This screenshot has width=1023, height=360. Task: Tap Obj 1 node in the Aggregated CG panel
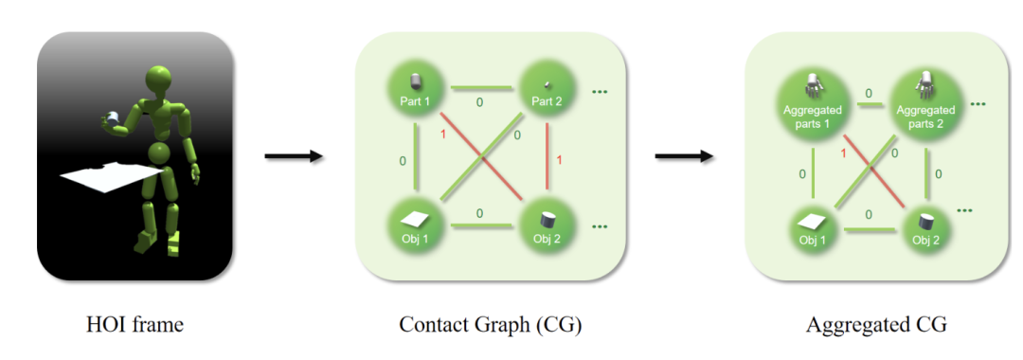pos(813,229)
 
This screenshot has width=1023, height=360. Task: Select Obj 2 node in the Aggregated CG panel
pos(925,229)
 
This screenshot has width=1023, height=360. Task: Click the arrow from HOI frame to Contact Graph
pos(294,156)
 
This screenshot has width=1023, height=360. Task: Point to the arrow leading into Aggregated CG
pos(684,156)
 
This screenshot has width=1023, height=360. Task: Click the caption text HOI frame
pos(135,324)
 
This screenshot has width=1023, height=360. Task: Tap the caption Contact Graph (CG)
pos(490,324)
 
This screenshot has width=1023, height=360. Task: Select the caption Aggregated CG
pos(876,324)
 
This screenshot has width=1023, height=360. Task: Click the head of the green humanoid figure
pos(159,77)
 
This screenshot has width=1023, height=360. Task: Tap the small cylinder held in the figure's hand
pos(112,118)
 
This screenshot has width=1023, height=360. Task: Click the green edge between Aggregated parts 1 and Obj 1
pos(814,172)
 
